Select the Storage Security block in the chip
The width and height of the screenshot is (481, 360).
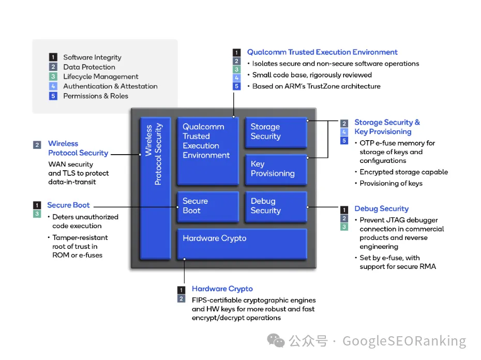276,132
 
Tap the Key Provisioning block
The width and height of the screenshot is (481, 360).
276,169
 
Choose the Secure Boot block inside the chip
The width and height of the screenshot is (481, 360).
207,206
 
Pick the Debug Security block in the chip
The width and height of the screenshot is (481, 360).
276,206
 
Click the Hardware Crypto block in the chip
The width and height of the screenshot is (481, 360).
242,243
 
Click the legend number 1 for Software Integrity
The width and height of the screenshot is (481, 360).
53,57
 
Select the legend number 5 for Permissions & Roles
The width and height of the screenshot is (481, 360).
53,96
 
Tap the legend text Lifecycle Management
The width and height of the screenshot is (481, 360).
101,77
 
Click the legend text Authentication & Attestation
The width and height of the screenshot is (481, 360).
110,86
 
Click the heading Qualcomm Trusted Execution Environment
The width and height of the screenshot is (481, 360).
322,52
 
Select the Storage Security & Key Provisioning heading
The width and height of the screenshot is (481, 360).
387,127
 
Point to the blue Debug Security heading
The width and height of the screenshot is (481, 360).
381,209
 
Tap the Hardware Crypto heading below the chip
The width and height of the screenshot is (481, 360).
222,289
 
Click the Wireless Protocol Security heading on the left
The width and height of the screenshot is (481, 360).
78,148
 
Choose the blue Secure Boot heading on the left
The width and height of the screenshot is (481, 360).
68,205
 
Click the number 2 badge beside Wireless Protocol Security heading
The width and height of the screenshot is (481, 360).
37,145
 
